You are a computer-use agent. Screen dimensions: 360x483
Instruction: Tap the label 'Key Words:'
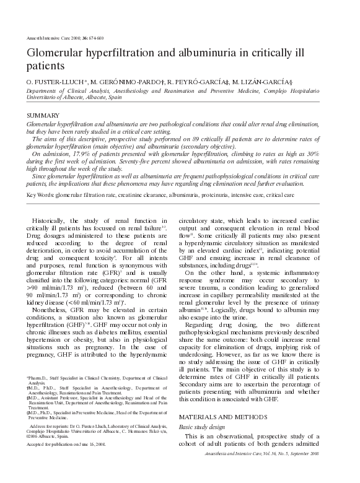[40, 195]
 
